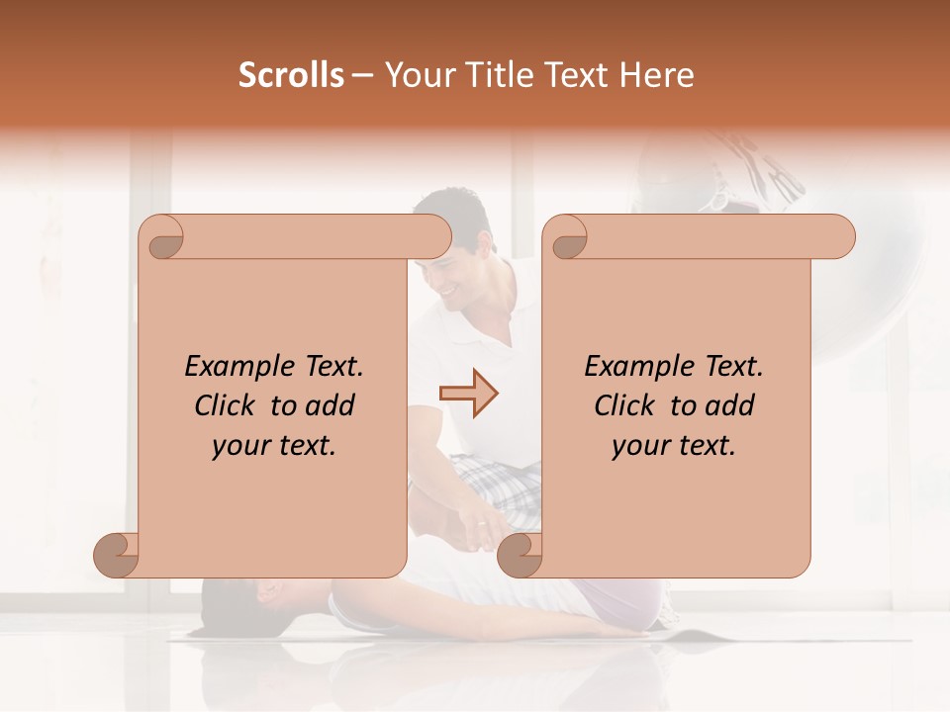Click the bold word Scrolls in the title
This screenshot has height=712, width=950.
[291, 75]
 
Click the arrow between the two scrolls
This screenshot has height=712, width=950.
[468, 394]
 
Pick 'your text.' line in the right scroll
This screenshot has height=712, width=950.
[674, 446]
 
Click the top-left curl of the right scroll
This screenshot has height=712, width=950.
[567, 238]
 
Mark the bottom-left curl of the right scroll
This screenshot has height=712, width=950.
[520, 555]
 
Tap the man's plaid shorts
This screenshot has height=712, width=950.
[495, 485]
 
